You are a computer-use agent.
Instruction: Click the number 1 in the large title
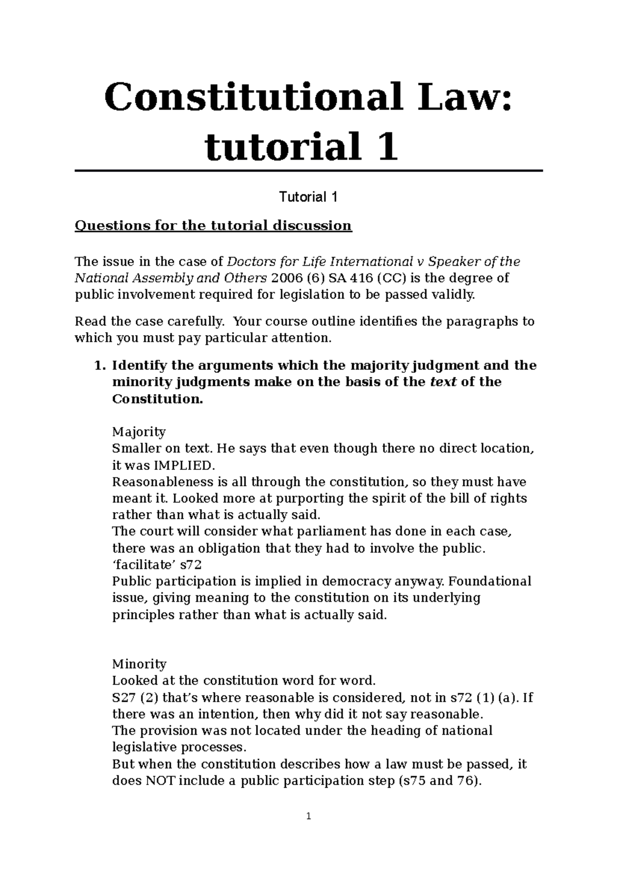point(387,146)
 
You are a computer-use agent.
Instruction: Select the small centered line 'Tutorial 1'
point(308,197)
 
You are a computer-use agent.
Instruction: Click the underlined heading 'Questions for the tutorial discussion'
point(213,226)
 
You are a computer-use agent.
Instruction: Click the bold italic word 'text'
point(443,382)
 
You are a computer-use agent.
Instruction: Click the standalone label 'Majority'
point(139,431)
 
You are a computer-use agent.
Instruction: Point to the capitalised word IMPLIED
point(178,465)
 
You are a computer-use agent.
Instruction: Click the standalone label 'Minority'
point(139,664)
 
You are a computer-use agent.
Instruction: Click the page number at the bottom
point(308,816)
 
